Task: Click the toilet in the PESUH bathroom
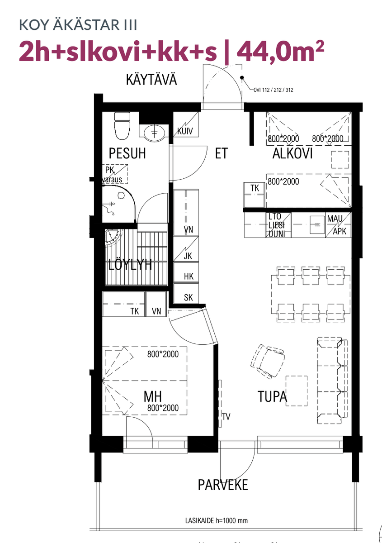[x=122, y=126]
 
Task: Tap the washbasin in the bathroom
[x=154, y=133]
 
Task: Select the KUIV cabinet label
[x=185, y=131]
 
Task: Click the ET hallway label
[x=222, y=153]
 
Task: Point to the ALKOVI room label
[x=292, y=153]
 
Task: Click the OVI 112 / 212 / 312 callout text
[x=274, y=90]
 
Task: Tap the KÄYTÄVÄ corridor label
[x=151, y=80]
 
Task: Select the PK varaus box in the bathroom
[x=115, y=174]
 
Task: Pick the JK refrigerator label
[x=188, y=256]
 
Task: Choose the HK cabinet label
[x=189, y=276]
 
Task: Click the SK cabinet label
[x=189, y=297]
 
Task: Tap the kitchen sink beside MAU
[x=317, y=225]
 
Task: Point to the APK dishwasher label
[x=340, y=232]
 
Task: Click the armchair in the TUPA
[x=268, y=362]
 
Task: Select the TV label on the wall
[x=226, y=417]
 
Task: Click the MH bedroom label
[x=153, y=396]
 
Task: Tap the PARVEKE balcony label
[x=223, y=485]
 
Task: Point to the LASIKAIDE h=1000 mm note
[x=216, y=520]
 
